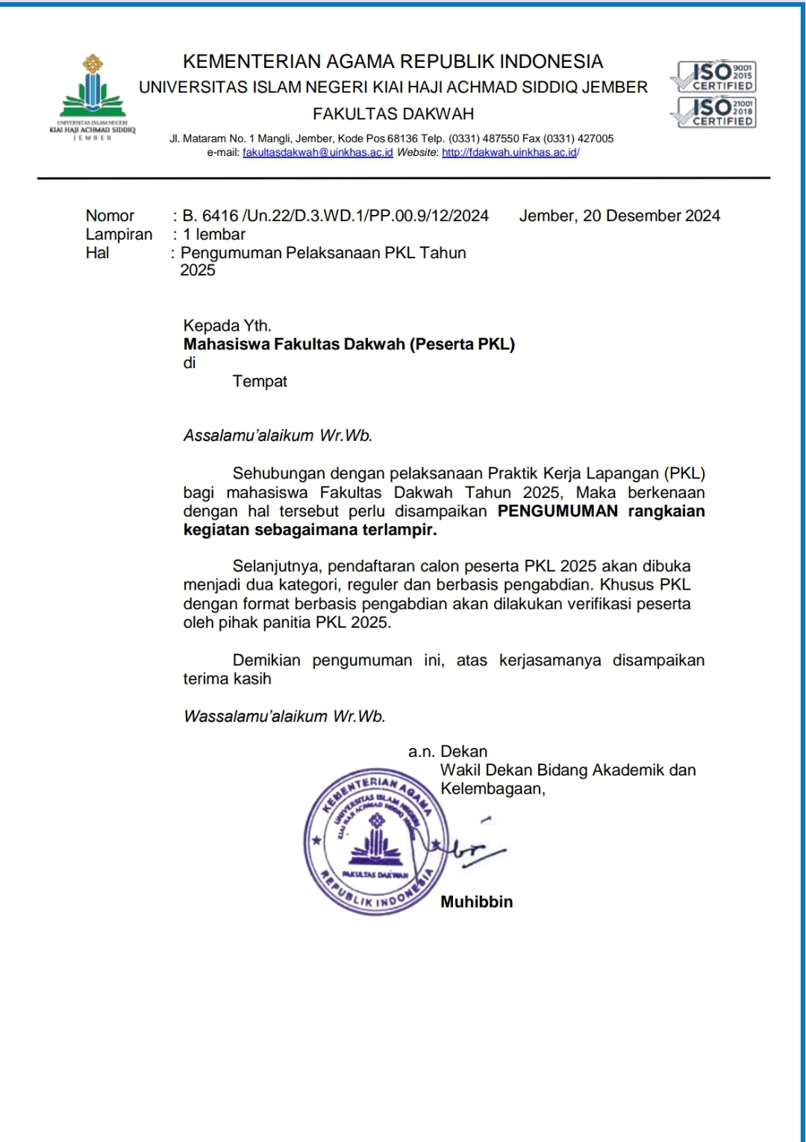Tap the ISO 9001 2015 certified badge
coord(714,76)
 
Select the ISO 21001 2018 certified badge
coord(714,112)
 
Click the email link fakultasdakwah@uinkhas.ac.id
coord(318,152)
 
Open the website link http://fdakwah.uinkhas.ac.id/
coord(510,152)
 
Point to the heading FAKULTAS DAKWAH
coord(393,114)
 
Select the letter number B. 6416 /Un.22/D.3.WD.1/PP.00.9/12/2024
coord(336,216)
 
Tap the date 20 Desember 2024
coord(652,216)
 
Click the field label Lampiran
coord(119,234)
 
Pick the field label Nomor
coord(110,216)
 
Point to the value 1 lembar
coord(214,234)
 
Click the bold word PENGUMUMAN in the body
coord(557,511)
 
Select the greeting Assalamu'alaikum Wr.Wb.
coord(278,436)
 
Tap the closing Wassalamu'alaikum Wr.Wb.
coord(284,717)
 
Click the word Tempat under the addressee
coord(260,381)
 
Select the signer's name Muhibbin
coord(476,902)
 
